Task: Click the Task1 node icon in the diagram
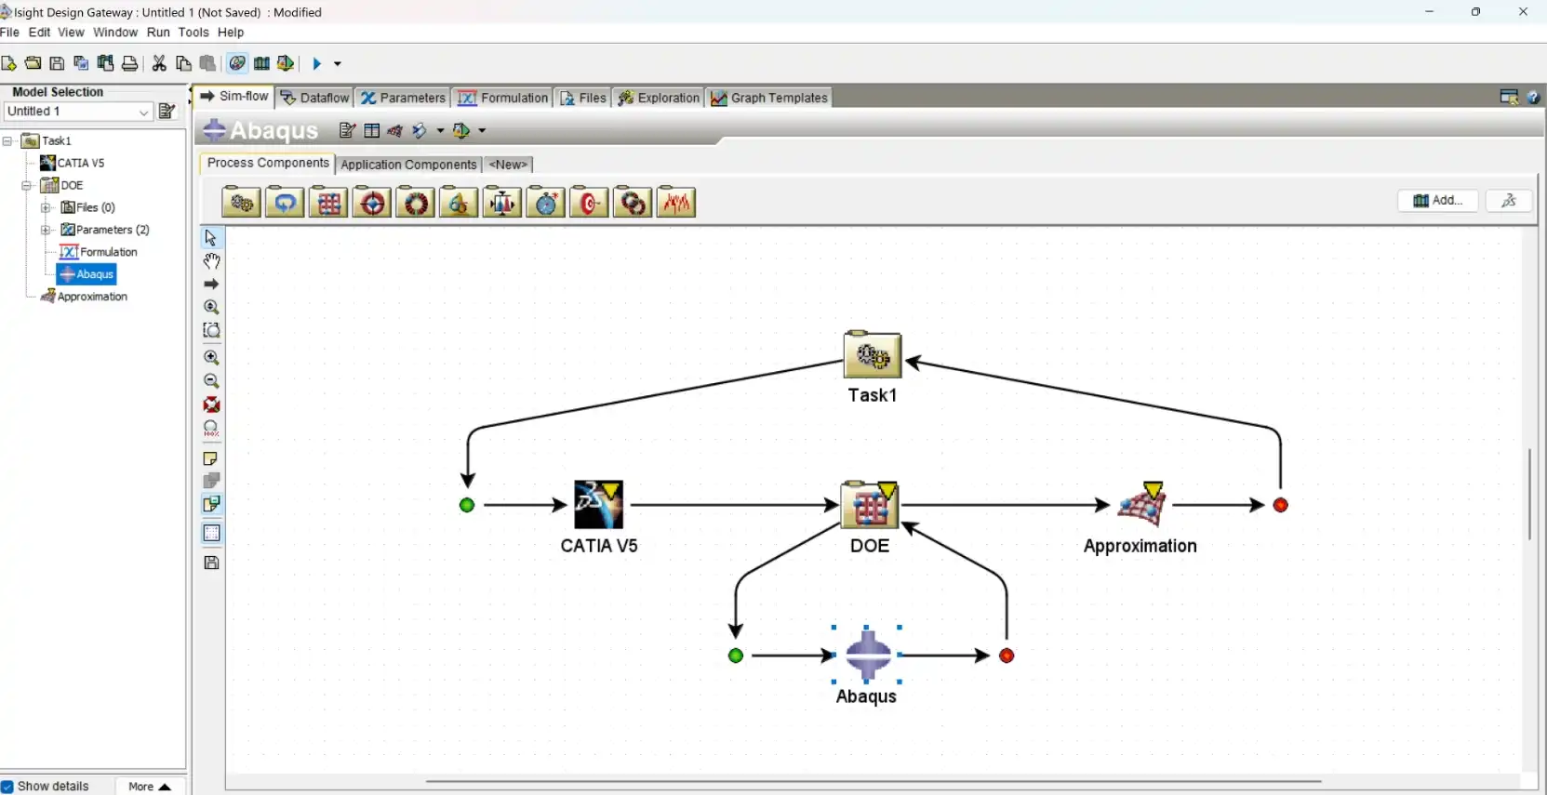(x=872, y=355)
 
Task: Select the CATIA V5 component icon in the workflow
(x=598, y=505)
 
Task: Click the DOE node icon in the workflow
(x=870, y=505)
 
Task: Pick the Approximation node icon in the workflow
(x=1141, y=505)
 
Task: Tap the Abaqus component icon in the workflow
(x=867, y=655)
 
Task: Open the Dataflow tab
(x=315, y=98)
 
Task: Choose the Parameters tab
(x=404, y=98)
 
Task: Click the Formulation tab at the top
(x=504, y=98)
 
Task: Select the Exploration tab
(x=659, y=98)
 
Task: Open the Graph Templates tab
(x=769, y=98)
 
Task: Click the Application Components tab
(x=408, y=165)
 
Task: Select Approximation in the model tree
(x=92, y=297)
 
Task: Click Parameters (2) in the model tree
(x=112, y=230)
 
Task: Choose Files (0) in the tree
(x=95, y=207)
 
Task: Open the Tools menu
(x=193, y=32)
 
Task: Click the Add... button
(x=1437, y=201)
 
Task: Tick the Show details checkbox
(x=8, y=787)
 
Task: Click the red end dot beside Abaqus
(x=1007, y=656)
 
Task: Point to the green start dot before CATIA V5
(x=467, y=505)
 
